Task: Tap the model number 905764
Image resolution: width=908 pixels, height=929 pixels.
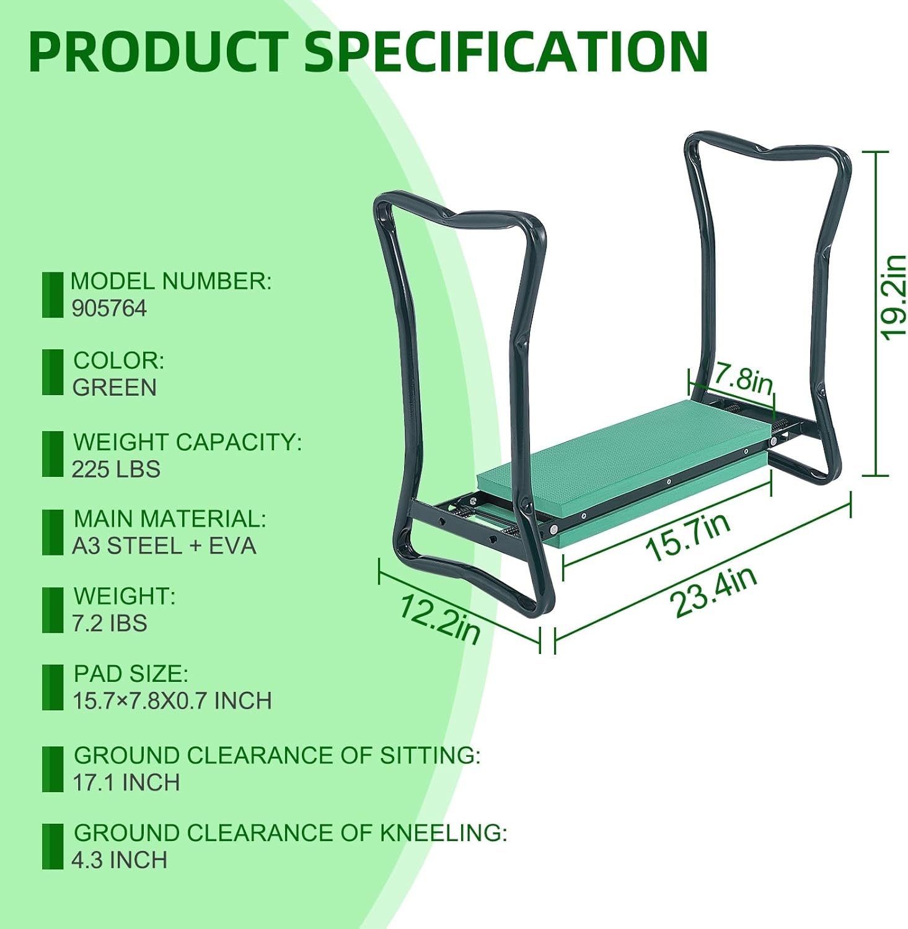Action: point(109,308)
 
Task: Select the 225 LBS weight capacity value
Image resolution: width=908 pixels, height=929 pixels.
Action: point(116,469)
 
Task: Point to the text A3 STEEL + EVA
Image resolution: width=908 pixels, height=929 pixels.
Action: point(164,546)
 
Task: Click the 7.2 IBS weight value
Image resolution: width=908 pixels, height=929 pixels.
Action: point(110,623)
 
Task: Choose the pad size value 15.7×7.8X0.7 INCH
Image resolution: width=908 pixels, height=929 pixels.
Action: point(172,701)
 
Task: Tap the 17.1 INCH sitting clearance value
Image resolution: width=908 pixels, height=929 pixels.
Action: point(126,783)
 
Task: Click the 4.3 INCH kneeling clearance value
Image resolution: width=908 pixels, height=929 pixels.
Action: point(120,860)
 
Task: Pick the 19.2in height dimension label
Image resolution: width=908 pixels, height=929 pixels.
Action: point(893,297)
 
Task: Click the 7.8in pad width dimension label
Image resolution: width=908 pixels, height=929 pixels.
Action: point(743,378)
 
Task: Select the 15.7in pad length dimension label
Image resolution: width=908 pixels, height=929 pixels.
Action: point(688,538)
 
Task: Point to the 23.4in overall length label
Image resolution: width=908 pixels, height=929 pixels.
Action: point(713,591)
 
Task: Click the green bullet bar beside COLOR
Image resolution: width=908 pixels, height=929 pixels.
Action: point(53,372)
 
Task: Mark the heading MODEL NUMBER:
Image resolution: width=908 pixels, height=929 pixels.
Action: point(171,281)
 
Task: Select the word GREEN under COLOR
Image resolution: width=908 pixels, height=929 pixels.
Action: point(115,388)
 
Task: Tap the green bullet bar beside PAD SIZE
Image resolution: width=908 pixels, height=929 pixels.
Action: point(53,687)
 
